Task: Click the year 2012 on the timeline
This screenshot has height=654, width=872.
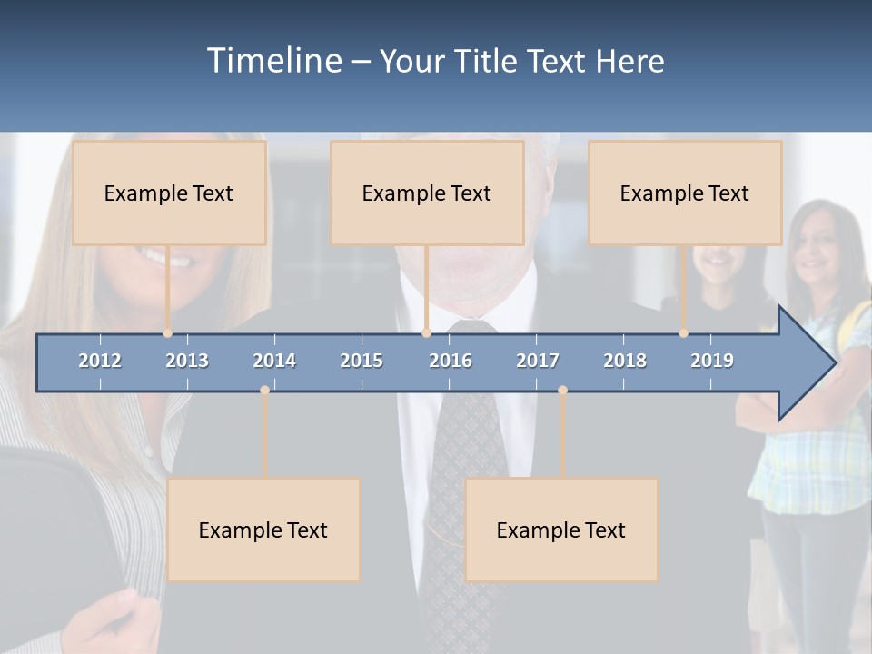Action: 100,361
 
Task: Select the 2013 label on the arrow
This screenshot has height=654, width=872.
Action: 187,361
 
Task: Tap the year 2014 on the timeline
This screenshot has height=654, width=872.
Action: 274,361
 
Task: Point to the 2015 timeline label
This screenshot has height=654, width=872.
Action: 362,361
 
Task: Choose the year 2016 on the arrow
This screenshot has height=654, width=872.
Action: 451,361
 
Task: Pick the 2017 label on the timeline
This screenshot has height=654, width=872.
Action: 538,361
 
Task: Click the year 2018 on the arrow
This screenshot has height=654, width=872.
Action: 625,361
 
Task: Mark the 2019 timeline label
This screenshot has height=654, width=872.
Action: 712,361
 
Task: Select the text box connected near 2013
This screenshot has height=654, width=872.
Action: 169,193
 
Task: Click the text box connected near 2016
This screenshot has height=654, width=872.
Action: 427,193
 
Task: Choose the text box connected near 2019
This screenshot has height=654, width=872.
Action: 685,193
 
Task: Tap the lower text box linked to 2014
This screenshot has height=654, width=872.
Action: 263,530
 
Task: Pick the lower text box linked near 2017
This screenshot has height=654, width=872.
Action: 561,530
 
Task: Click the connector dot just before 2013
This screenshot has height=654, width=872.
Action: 168,333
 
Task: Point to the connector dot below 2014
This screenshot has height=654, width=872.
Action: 264,391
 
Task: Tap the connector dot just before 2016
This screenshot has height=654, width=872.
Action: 426,333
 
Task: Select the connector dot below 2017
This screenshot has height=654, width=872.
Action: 562,391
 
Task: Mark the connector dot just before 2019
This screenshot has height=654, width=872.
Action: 684,333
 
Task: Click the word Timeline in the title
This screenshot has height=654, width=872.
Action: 274,61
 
